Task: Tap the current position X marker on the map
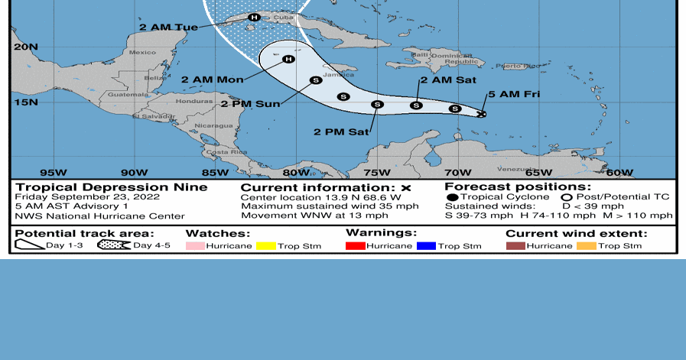(481, 115)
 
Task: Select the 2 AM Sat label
(447, 80)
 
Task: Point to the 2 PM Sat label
(341, 131)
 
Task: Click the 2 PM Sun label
(251, 104)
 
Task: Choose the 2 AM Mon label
(212, 79)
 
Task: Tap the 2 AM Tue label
(168, 28)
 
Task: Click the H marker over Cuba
(254, 17)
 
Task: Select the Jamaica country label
(339, 75)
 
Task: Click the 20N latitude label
(24, 47)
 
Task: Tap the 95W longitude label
(53, 173)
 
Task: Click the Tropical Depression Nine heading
(111, 187)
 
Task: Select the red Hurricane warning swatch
(355, 246)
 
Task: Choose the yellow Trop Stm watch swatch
(266, 246)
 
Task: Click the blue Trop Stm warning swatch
(426, 246)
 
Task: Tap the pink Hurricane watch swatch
(196, 246)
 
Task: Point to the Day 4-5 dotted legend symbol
(113, 245)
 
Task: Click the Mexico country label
(142, 52)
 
